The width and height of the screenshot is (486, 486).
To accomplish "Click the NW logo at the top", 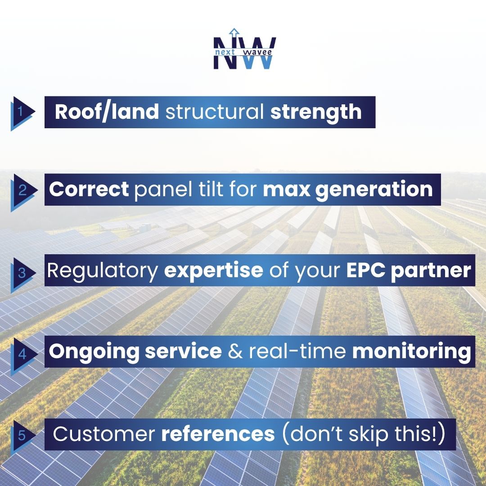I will point(244,50).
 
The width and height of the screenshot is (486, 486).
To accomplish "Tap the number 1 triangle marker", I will point(21,112).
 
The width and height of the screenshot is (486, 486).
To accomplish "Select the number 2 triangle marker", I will point(21,190).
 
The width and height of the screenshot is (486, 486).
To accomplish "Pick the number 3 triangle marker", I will point(21,273).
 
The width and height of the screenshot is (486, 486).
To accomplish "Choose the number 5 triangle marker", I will point(21,435).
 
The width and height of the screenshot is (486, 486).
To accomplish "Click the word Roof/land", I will point(107,112).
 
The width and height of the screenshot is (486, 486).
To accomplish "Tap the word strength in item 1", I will point(316,112).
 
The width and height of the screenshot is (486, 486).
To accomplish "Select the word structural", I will point(215,112).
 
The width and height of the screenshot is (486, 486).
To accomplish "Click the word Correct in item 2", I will point(89,189).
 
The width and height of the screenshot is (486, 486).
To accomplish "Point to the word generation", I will point(374,189).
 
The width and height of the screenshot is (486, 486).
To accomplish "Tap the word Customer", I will point(103,434).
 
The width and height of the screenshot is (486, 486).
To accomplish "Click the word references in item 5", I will point(218,434).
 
